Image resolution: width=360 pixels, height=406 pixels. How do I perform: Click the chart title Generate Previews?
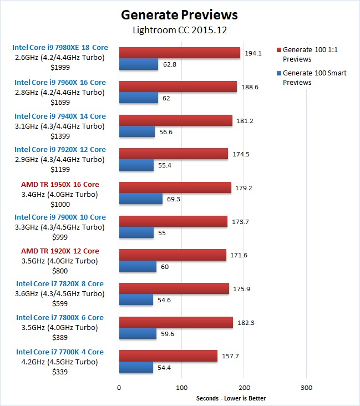point(179,14)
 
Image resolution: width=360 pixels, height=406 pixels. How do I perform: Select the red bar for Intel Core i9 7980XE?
point(180,53)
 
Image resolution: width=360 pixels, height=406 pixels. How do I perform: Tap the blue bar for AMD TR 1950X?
point(141,199)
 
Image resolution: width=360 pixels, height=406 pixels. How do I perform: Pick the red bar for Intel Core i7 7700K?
point(168,356)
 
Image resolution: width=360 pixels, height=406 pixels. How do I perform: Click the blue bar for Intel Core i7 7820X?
point(136,300)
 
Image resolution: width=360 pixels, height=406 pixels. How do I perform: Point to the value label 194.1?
point(252,53)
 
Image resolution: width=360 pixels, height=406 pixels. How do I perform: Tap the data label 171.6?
point(239,255)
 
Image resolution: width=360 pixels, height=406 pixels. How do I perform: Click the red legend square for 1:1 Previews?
point(278,50)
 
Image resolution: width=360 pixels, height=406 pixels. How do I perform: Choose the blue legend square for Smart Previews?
point(278,73)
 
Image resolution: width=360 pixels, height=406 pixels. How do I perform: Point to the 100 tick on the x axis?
point(181,387)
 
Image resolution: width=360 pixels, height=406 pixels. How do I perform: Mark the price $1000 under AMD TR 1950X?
point(60,204)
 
